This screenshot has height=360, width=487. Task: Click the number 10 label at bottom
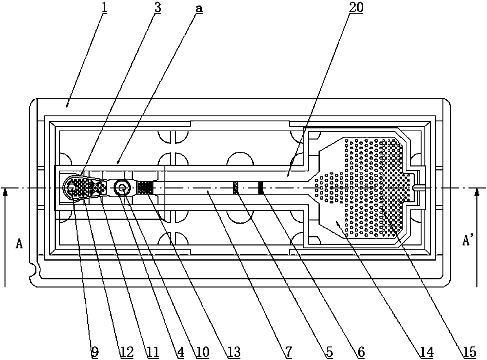click(201, 351)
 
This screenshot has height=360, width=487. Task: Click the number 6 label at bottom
click(360, 351)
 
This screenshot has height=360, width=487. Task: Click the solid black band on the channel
click(260, 188)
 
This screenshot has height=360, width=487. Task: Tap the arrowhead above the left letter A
click(5, 192)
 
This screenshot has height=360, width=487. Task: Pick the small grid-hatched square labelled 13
click(145, 187)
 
